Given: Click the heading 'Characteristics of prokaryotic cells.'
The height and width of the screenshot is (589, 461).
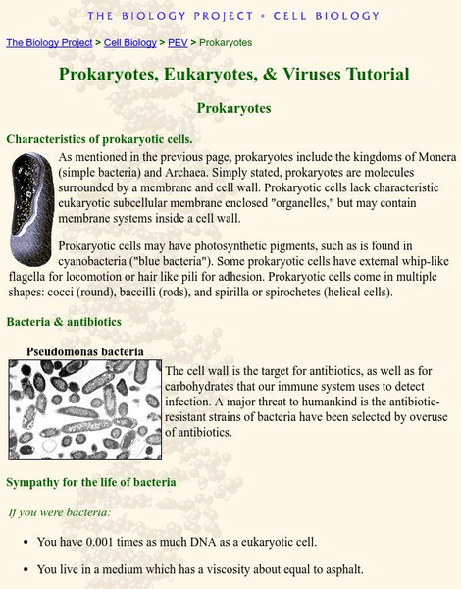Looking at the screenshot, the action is [100, 138].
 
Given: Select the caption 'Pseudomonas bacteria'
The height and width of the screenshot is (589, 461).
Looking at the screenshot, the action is [84, 350].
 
